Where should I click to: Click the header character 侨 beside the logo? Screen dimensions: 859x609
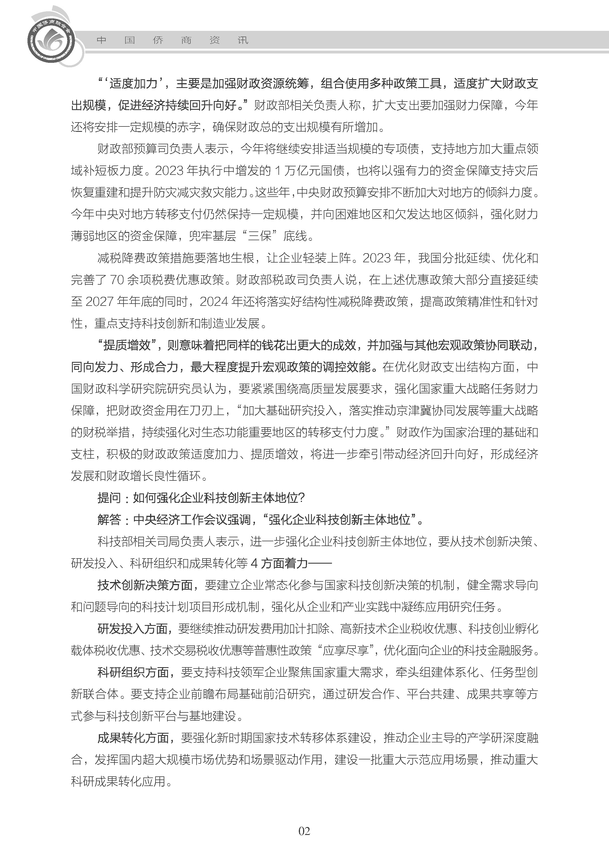(x=158, y=40)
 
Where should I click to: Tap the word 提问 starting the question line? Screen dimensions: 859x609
(x=109, y=498)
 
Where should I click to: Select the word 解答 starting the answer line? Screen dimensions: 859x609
(x=109, y=520)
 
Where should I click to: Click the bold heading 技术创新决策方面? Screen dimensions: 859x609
(x=145, y=585)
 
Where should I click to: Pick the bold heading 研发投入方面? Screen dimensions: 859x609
(x=133, y=629)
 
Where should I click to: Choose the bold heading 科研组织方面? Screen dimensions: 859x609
(x=133, y=673)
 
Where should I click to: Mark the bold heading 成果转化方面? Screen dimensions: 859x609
(x=133, y=738)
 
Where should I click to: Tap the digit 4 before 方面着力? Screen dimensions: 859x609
(x=254, y=564)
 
